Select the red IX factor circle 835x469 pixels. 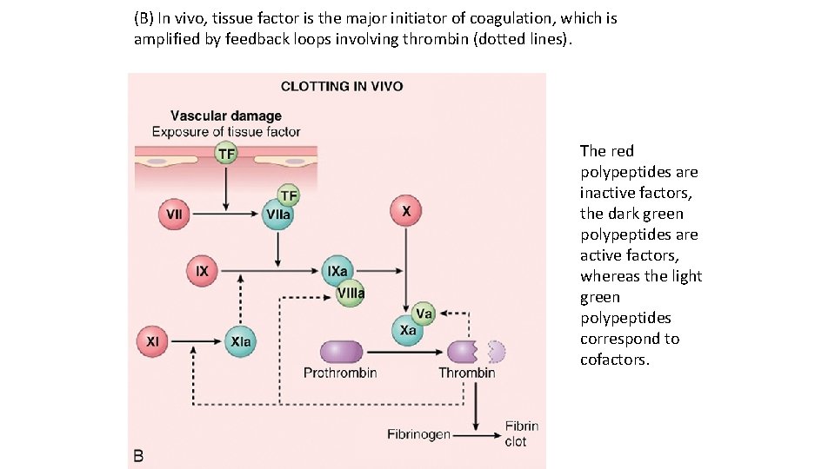click(202, 271)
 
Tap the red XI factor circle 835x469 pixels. click(152, 341)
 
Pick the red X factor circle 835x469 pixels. click(406, 211)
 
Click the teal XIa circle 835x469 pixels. click(240, 341)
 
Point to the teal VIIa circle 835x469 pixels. click(278, 214)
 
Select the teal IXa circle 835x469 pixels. click(337, 271)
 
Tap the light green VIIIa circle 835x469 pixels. click(351, 294)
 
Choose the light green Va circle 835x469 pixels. click(424, 313)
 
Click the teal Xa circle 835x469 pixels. click(406, 331)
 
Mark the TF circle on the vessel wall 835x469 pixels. click(226, 155)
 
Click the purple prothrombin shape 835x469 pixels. click(340, 351)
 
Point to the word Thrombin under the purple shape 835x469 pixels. click(466, 373)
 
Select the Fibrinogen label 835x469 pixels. click(418, 433)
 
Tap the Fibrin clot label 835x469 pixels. click(521, 433)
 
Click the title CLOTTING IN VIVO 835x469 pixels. click(341, 87)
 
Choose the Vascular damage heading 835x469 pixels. click(226, 116)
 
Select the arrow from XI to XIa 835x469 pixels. click(196, 341)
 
